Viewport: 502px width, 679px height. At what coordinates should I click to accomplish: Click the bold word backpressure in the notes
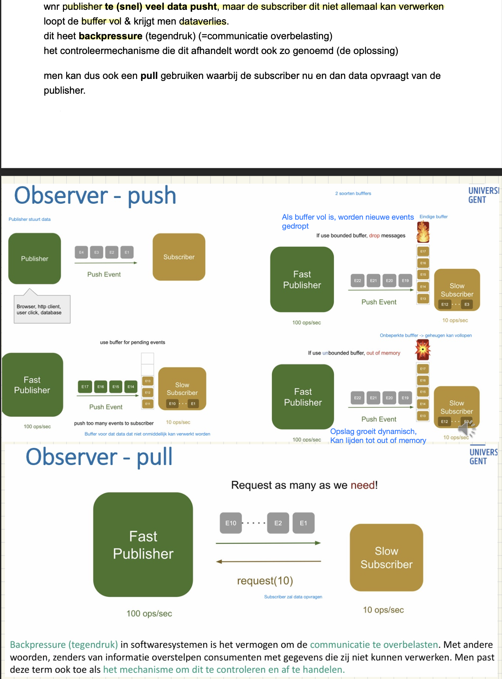pyautogui.click(x=110, y=36)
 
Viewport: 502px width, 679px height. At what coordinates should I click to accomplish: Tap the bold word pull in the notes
pyautogui.click(x=149, y=76)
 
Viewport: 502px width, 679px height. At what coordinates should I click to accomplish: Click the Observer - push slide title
pyautogui.click(x=95, y=195)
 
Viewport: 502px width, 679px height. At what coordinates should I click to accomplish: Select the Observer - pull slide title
pyautogui.click(x=99, y=456)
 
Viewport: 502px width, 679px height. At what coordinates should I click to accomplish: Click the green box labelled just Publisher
pyautogui.click(x=35, y=259)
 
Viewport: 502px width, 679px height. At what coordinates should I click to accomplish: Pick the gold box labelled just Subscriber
pyautogui.click(x=179, y=257)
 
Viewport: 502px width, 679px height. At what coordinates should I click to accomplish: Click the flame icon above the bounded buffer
pyautogui.click(x=423, y=232)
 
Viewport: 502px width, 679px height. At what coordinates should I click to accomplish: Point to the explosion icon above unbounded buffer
pyautogui.click(x=423, y=350)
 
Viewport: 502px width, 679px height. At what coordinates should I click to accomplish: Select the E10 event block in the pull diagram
pyautogui.click(x=231, y=523)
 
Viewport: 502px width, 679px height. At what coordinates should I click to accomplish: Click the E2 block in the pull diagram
pyautogui.click(x=278, y=523)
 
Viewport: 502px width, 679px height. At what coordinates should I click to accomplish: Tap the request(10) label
pyautogui.click(x=265, y=581)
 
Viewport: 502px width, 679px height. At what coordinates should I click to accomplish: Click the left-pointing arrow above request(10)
pyautogui.click(x=268, y=561)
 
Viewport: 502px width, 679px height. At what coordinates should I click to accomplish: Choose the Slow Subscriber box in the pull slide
pyautogui.click(x=386, y=558)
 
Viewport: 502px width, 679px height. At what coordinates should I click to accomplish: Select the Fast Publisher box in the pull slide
pyautogui.click(x=143, y=545)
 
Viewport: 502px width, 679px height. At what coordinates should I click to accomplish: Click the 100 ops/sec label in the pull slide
pyautogui.click(x=149, y=614)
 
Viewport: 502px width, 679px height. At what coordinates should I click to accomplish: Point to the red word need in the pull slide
pyautogui.click(x=363, y=485)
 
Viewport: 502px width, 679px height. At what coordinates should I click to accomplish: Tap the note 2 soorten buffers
pyautogui.click(x=353, y=193)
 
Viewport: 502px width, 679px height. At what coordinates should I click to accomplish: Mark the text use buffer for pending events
pyautogui.click(x=132, y=342)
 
